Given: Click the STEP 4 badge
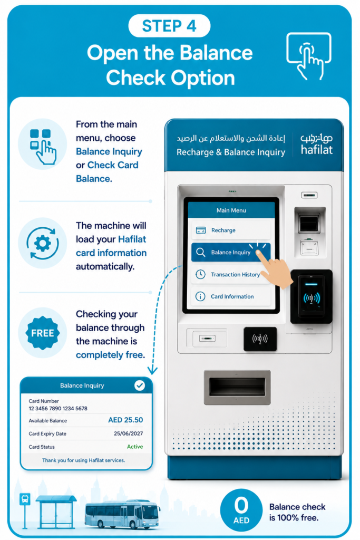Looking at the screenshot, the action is click(169, 26).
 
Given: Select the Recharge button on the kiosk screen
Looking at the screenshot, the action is click(230, 230).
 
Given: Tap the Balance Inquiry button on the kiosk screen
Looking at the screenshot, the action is click(230, 252).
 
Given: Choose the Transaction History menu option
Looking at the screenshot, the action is click(230, 274).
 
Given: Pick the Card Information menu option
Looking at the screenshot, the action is click(230, 296).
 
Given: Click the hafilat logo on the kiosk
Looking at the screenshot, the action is click(316, 144).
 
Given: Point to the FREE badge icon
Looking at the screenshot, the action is click(43, 333).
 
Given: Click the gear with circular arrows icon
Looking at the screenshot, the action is click(42, 243).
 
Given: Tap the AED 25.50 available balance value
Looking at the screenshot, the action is click(125, 420).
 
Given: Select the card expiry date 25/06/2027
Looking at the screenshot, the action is click(128, 433).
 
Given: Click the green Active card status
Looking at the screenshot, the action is click(135, 447).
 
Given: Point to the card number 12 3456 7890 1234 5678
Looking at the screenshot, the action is click(58, 409).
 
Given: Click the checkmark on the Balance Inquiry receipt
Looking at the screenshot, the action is click(139, 385).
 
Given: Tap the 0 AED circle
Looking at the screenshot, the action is click(241, 510).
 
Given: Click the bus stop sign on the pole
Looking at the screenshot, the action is click(25, 499).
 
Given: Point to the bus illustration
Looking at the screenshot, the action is click(122, 514).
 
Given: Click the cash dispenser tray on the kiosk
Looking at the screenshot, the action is click(237, 387).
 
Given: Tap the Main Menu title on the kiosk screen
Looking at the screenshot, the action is click(231, 210).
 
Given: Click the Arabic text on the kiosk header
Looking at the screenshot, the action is click(230, 139).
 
